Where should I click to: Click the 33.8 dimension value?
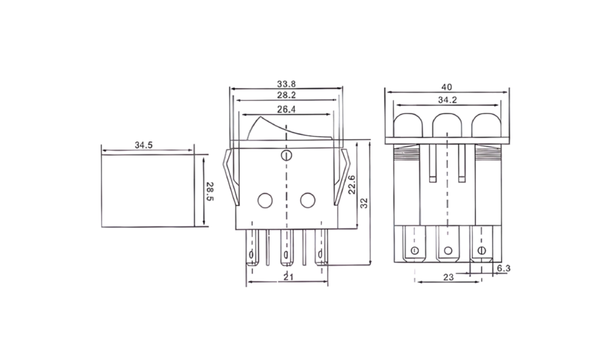286,83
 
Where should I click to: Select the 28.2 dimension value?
286,95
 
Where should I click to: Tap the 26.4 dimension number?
286,109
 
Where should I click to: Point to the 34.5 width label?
144,145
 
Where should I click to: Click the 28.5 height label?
210,191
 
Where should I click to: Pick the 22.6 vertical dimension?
352,185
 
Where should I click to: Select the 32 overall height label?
364,203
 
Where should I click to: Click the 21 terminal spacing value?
288,277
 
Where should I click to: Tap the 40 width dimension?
447,87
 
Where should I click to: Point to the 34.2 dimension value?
447,100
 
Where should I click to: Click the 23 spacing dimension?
448,277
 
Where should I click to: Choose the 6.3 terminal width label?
503,268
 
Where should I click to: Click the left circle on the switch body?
265,201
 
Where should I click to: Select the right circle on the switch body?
308,201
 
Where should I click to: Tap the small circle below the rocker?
286,155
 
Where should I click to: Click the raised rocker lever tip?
260,118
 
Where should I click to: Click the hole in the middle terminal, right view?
448,251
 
